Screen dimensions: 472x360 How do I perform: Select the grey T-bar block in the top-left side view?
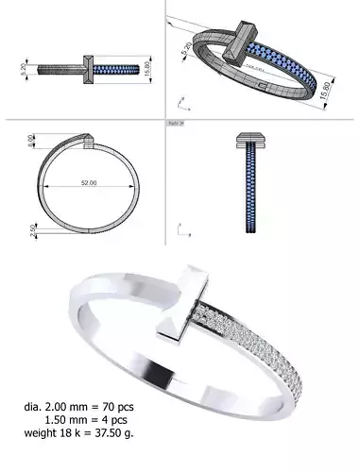click(87, 70)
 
